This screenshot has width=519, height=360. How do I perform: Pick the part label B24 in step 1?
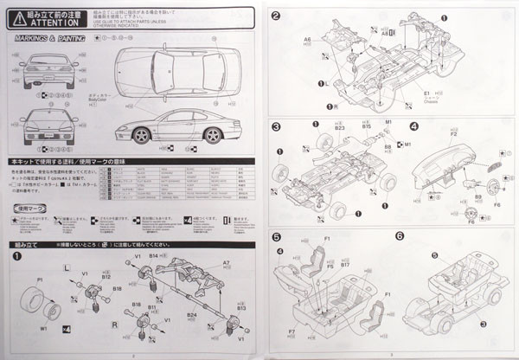[192, 315]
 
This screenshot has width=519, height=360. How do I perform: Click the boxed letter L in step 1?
[67, 271]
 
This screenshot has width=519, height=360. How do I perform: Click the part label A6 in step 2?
[307, 40]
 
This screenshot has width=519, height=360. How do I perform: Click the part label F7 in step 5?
[292, 331]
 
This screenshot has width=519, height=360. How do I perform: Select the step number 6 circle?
[400, 235]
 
